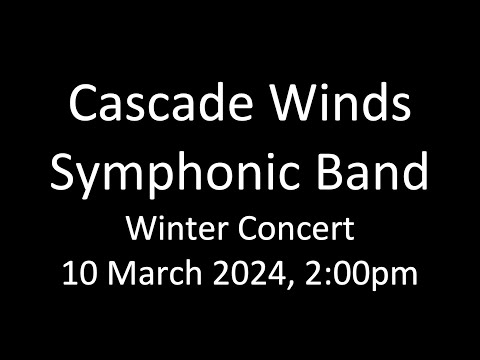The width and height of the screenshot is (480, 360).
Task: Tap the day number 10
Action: [x=79, y=272]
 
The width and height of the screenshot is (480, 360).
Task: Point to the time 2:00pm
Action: [x=359, y=273]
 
